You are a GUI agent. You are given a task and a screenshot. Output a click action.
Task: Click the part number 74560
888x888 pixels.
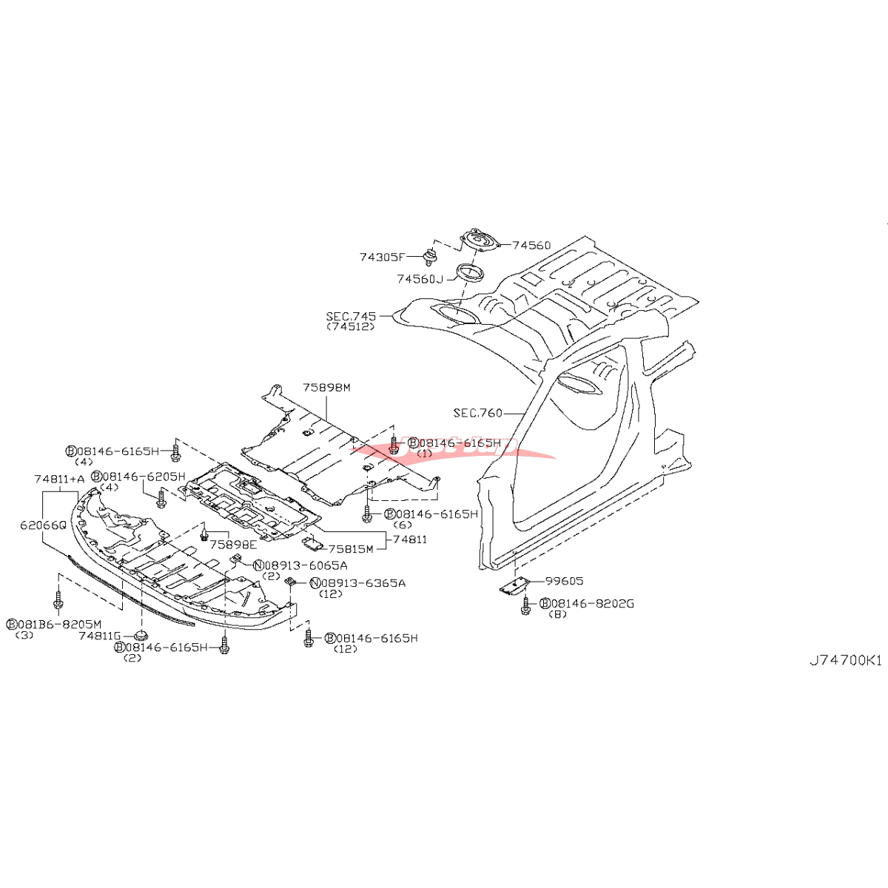[x=531, y=245]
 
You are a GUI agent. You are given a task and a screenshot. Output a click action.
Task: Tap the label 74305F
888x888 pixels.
[x=382, y=258]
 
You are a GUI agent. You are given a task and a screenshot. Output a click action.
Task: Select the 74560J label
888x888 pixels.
[x=420, y=279]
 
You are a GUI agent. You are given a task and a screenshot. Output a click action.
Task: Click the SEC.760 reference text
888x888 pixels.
[x=477, y=413]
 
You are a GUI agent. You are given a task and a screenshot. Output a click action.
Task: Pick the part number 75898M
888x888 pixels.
[x=326, y=387]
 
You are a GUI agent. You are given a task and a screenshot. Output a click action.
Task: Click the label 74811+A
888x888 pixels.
[x=59, y=479]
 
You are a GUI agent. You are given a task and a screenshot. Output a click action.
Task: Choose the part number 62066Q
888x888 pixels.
[x=43, y=524]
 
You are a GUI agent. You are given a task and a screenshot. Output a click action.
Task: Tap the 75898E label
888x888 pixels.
[x=233, y=544]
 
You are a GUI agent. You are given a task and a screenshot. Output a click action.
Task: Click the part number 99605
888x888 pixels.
[x=564, y=581]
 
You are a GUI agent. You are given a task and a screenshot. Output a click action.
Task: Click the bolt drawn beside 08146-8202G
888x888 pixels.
[x=526, y=608]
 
